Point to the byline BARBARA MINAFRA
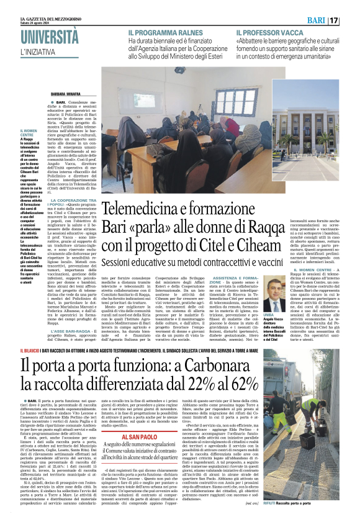click(x=69, y=94)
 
